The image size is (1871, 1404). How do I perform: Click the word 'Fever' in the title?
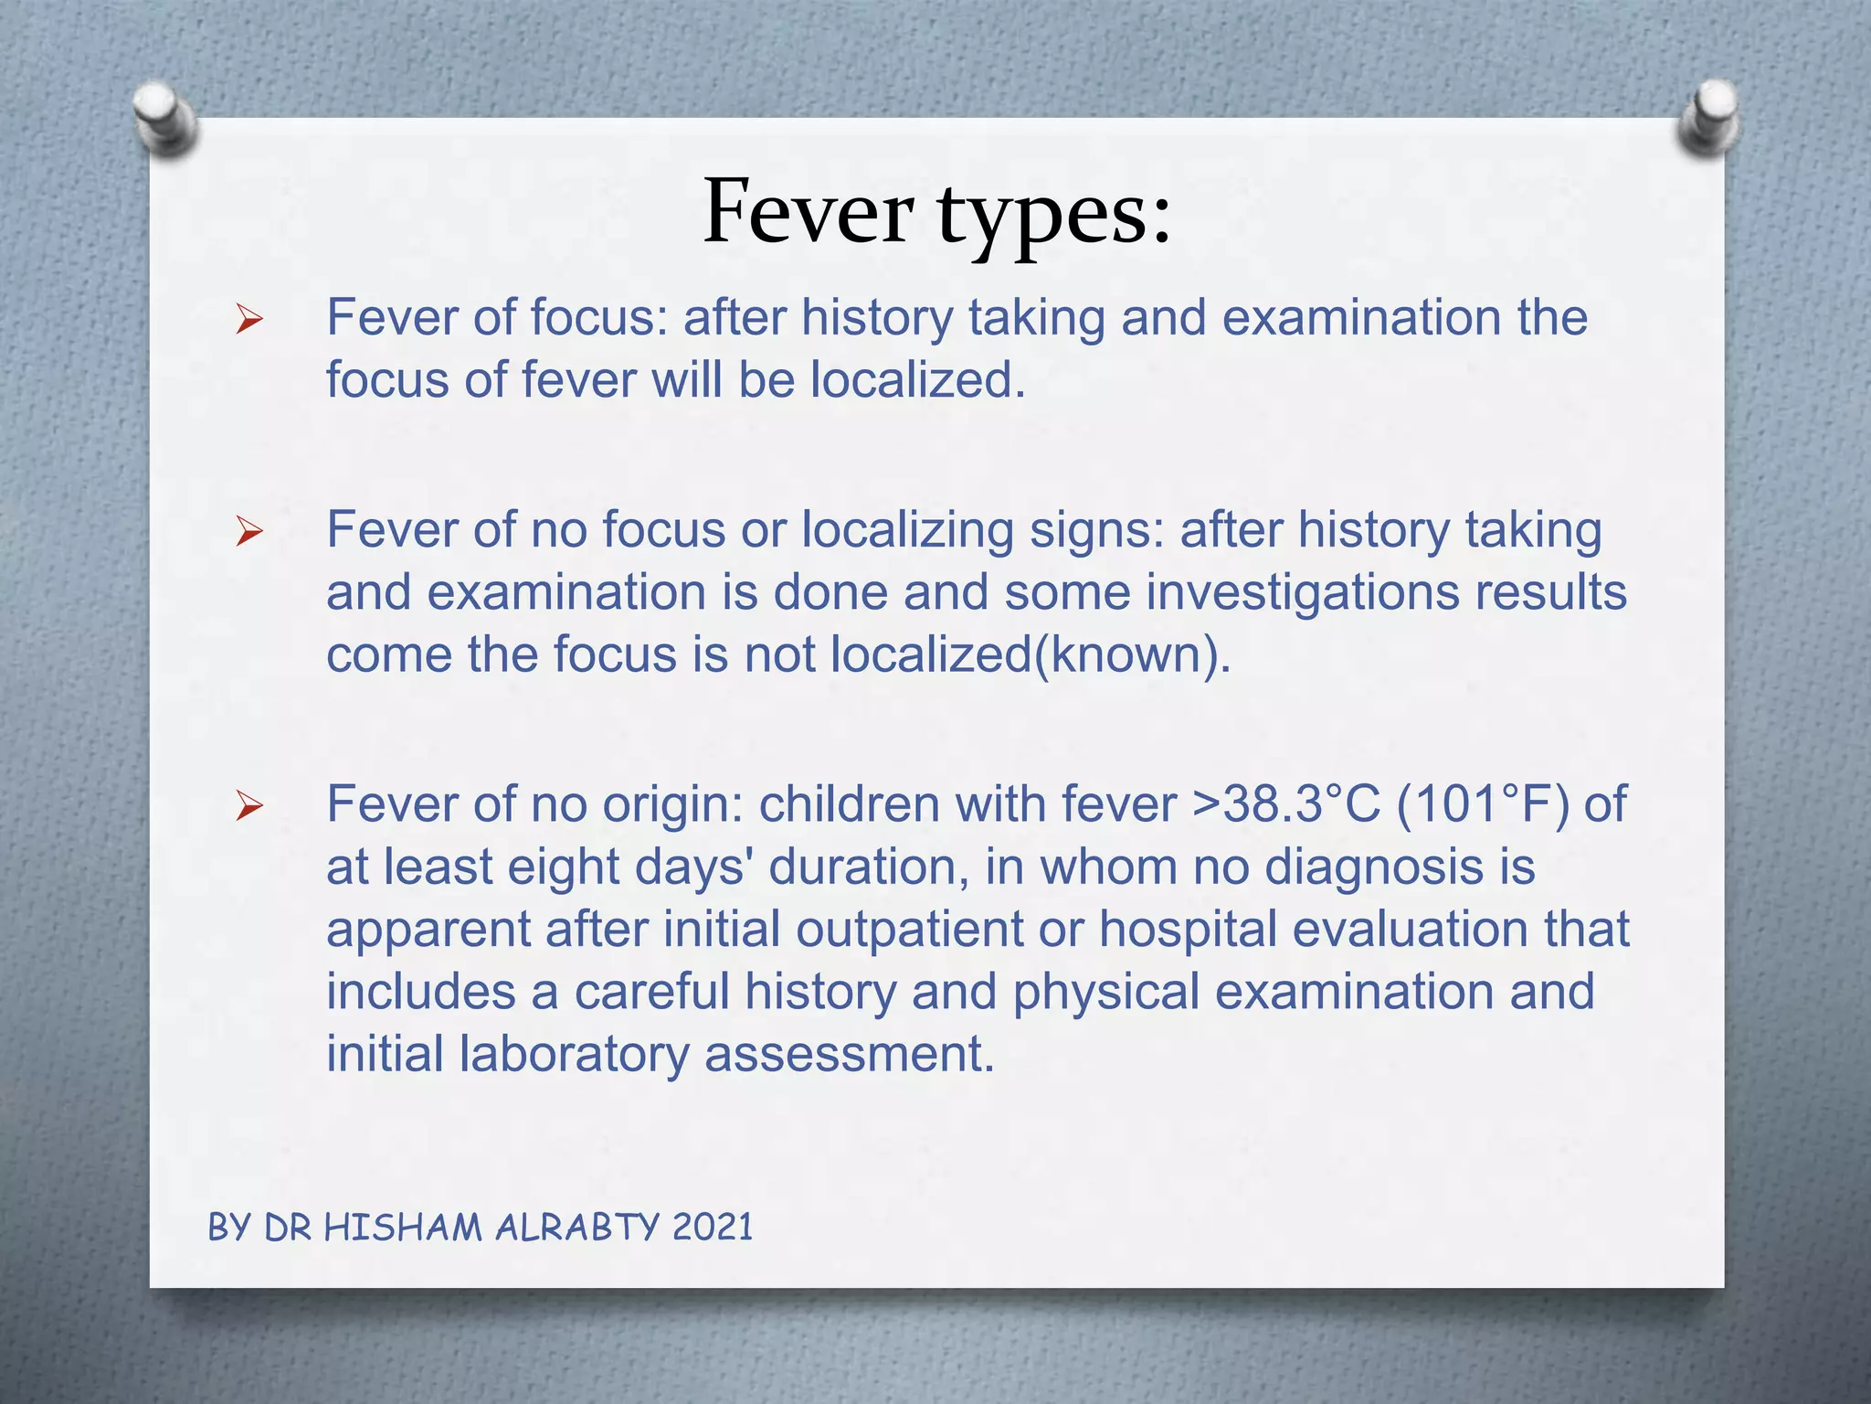click(808, 212)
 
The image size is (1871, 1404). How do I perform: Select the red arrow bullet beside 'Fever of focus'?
click(248, 320)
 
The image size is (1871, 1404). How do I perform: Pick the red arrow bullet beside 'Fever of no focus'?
click(248, 531)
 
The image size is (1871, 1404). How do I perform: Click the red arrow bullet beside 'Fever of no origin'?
click(248, 806)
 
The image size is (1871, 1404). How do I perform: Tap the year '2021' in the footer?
click(713, 1227)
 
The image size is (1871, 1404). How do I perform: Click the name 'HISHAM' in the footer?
click(403, 1227)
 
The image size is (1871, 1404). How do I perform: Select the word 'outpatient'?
click(909, 930)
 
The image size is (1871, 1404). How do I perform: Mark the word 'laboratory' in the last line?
click(574, 1054)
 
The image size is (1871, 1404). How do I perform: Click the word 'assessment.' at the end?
click(849, 1054)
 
